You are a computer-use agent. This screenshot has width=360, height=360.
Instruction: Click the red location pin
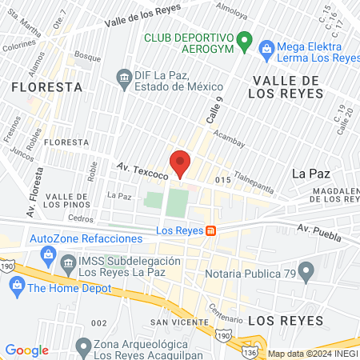[180, 162]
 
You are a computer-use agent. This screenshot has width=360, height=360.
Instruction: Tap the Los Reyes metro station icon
[210, 231]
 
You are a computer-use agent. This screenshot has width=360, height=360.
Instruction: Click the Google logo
[26, 350]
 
